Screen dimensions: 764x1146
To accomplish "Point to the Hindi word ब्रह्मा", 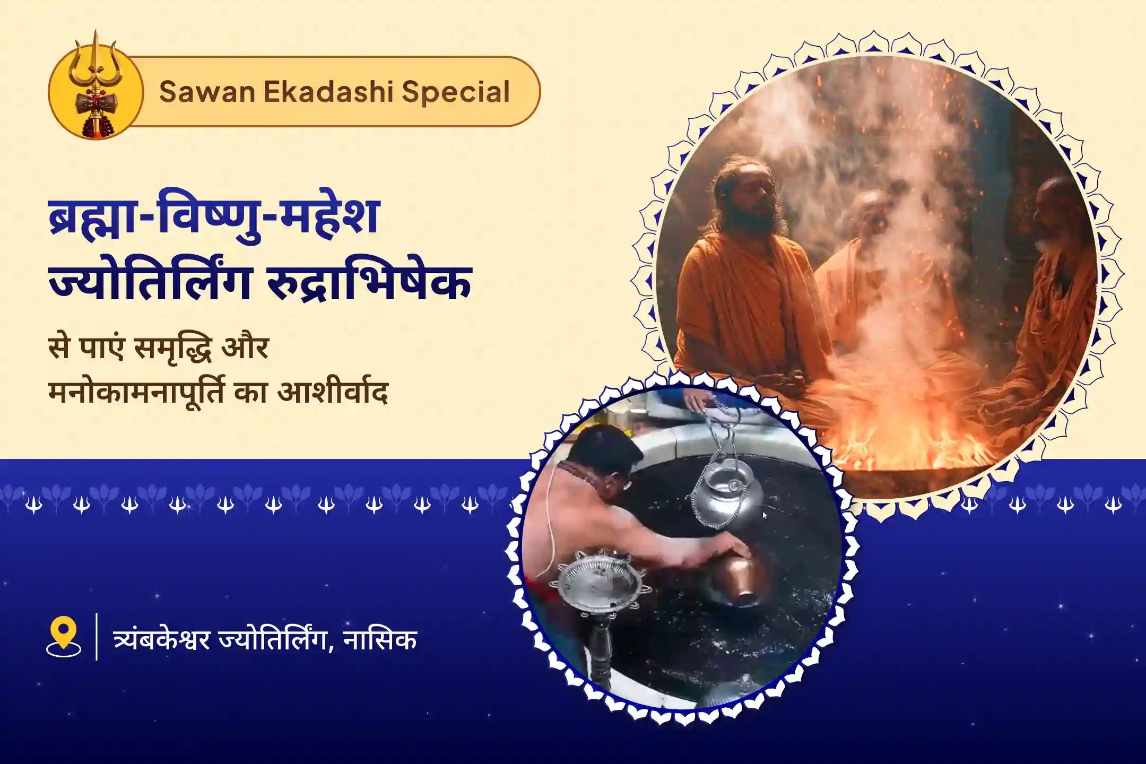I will (89, 217).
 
